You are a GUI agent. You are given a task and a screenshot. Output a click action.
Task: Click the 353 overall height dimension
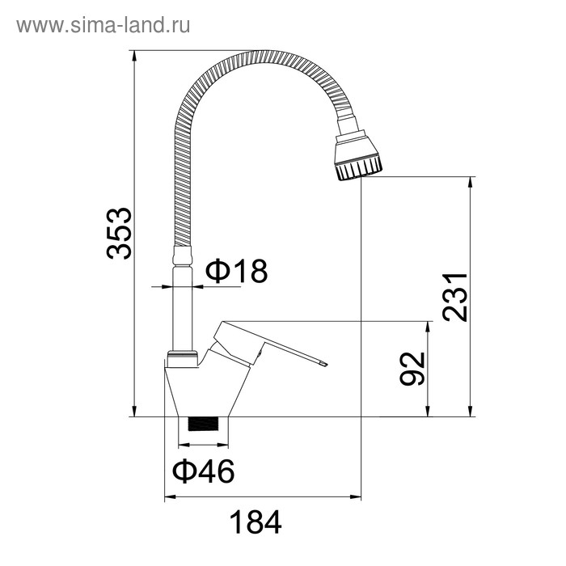tap(120, 233)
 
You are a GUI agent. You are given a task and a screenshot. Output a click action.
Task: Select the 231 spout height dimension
tap(455, 297)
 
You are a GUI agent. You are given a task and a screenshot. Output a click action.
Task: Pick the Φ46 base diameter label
tap(203, 470)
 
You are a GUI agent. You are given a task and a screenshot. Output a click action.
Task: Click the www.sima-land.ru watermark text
tap(103, 25)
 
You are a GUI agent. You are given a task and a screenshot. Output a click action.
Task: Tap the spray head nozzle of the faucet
tap(357, 157)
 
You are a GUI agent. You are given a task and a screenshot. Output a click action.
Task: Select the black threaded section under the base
tap(204, 424)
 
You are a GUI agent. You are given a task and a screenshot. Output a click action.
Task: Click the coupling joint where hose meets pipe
tap(184, 256)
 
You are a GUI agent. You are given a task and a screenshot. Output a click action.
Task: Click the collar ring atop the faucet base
tap(183, 357)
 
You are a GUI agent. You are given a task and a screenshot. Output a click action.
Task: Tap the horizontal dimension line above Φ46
tap(204, 445)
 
